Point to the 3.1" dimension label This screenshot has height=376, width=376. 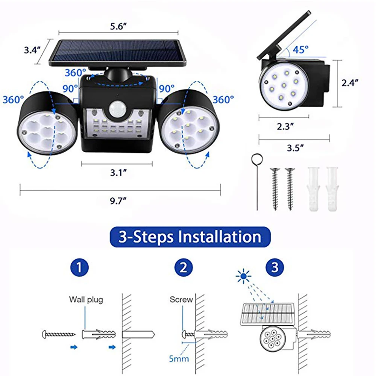117,172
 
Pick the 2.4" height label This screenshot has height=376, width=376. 350,83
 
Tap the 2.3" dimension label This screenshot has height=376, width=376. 284,126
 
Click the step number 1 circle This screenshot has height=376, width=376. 79,268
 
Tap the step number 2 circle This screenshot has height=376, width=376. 183,268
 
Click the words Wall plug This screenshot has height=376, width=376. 86,300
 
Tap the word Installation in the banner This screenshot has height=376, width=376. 220,237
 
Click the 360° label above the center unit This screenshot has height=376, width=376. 75,73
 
